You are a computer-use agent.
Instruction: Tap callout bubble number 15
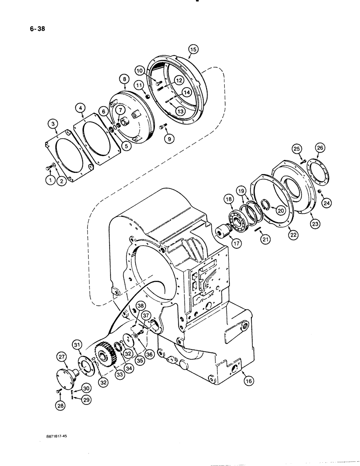point(194,49)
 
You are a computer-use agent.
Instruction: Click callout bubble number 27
point(62,357)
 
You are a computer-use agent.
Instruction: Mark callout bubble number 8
point(125,79)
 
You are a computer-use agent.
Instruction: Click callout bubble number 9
point(167,138)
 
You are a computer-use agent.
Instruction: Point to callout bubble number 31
point(76,344)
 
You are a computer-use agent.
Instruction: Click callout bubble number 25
point(298,149)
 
